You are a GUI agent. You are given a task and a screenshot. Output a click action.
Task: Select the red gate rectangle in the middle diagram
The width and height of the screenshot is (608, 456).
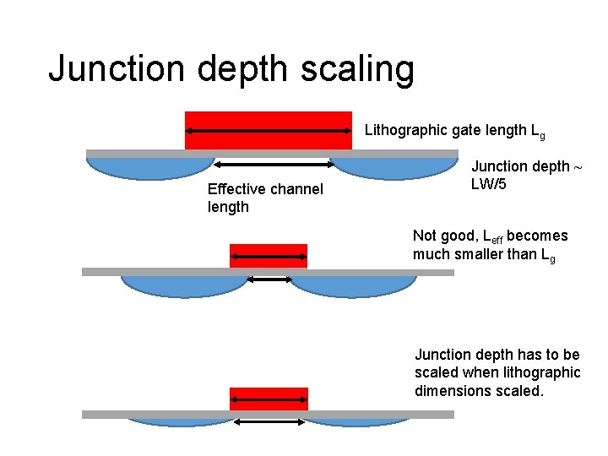tap(269, 249)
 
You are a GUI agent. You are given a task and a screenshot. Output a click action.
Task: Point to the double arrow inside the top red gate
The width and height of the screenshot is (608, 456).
tap(269, 131)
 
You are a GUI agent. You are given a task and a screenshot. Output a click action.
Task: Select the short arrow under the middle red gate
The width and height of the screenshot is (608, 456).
tap(269, 280)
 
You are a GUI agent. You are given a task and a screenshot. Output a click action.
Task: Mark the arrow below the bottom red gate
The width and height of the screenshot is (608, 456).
tap(269, 421)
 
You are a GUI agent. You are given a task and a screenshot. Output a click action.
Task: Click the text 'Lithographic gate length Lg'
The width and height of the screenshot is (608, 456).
tap(454, 131)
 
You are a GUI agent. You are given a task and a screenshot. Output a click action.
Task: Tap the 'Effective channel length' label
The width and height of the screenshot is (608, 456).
tap(264, 198)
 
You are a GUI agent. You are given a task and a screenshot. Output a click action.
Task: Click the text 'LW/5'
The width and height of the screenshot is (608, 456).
tap(489, 184)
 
